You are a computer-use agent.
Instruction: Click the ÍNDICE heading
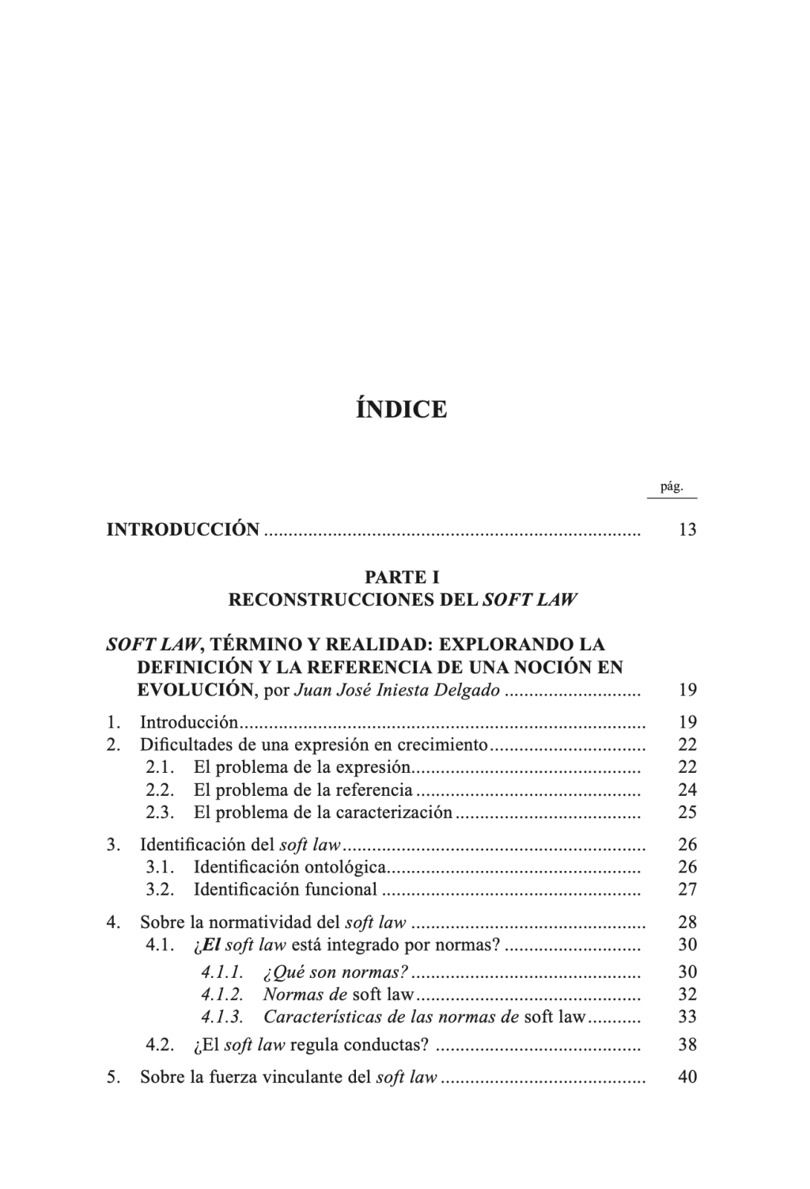click(402, 410)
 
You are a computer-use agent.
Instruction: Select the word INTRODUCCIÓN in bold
click(183, 529)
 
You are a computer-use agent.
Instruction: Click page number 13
click(687, 530)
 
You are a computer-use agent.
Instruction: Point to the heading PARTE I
click(402, 577)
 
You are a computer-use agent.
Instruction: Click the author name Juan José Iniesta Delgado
click(397, 690)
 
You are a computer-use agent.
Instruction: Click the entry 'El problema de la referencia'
click(303, 790)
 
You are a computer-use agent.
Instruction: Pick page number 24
click(687, 790)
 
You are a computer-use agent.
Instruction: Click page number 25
click(687, 812)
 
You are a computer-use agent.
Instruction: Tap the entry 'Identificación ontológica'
click(290, 867)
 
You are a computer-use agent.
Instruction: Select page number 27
click(687, 889)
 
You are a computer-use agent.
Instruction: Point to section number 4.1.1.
click(221, 972)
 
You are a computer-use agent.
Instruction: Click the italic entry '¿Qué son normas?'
click(335, 972)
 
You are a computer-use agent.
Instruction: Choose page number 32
click(687, 994)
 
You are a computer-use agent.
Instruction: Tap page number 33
click(687, 1017)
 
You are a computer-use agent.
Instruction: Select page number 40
click(687, 1077)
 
